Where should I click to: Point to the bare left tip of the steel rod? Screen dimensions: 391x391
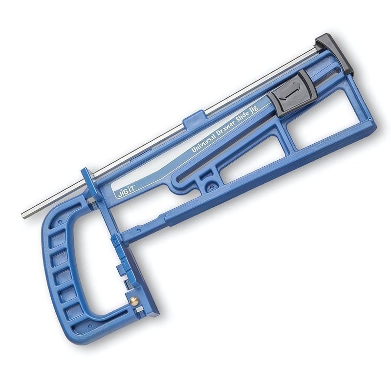25,213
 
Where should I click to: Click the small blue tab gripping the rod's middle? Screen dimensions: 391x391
195,119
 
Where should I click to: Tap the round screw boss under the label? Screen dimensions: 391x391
211,185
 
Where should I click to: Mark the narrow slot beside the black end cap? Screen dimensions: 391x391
337,73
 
